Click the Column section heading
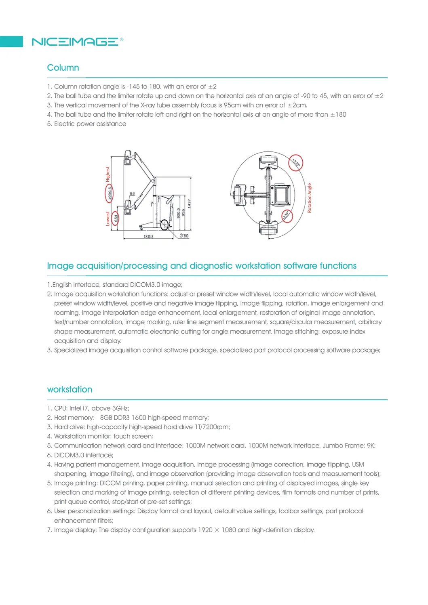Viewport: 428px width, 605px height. point(63,68)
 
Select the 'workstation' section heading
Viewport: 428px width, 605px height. point(70,389)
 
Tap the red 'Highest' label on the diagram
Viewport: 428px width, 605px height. point(108,174)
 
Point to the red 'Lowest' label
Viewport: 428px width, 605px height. point(108,219)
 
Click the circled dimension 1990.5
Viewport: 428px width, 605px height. point(110,193)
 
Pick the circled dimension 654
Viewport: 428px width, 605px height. point(116,218)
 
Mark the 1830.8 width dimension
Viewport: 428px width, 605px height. point(148,237)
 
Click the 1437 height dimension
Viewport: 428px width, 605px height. point(189,204)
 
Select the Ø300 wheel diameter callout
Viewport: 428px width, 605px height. point(184,236)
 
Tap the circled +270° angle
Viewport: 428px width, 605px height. point(296,163)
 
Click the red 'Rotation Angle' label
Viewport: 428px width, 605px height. point(310,198)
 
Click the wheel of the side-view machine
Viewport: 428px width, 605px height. point(165,225)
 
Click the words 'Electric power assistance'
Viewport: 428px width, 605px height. point(90,124)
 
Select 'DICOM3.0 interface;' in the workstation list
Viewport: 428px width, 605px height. point(84,455)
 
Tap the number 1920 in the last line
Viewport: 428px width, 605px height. point(205,530)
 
